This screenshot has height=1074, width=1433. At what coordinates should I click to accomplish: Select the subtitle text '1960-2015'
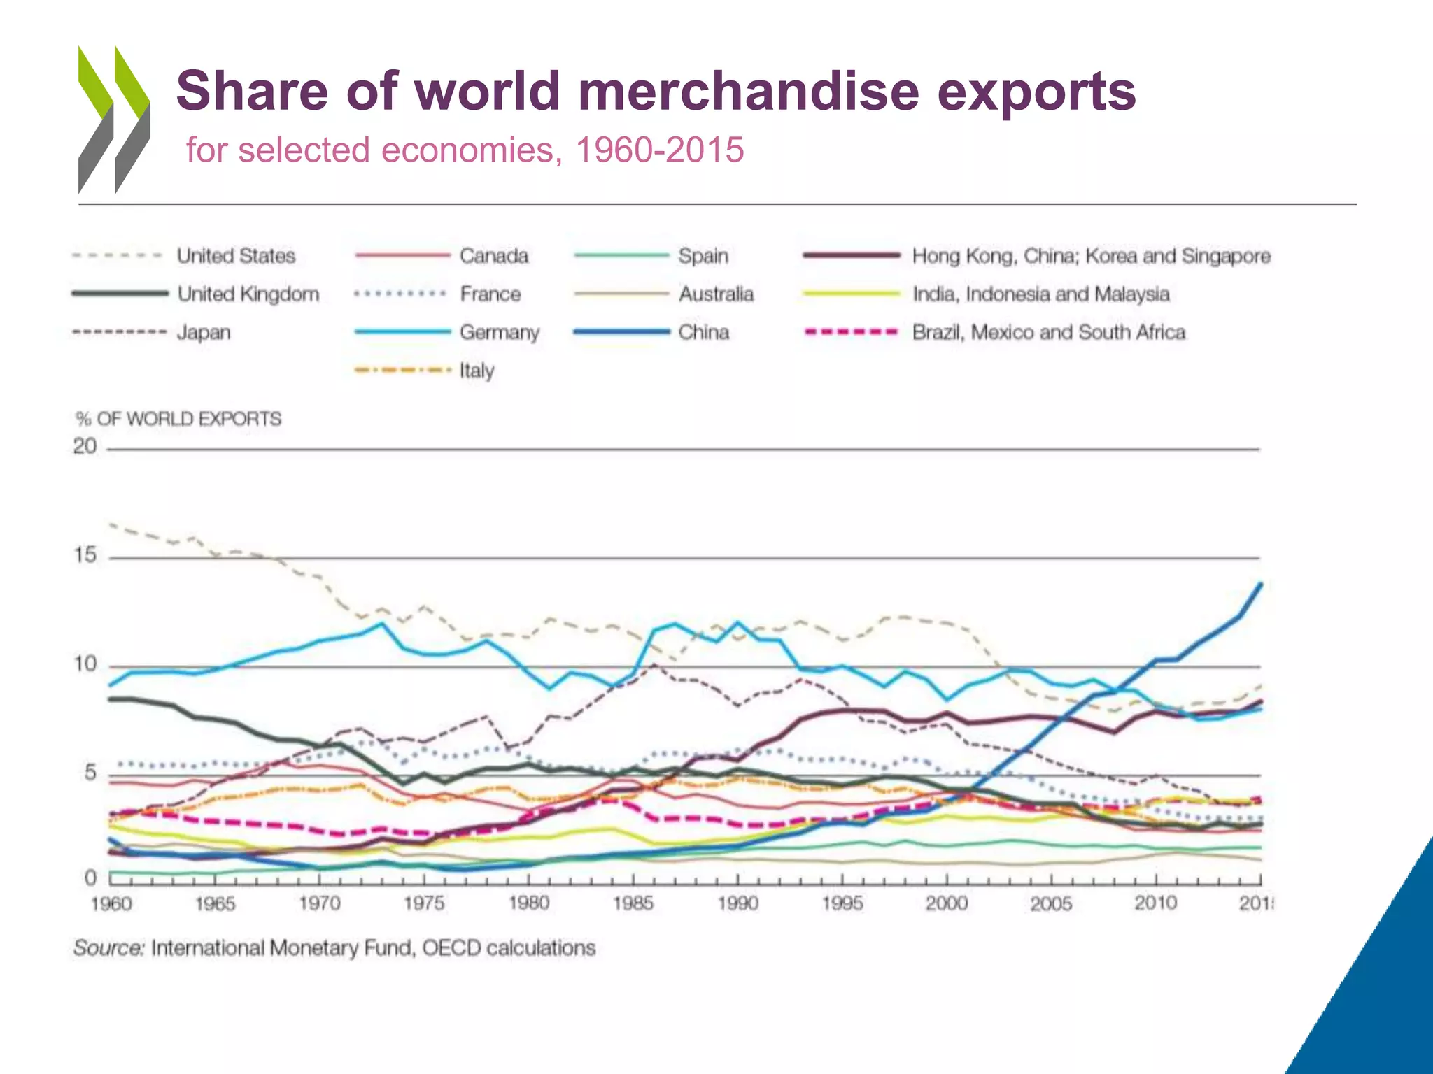[x=659, y=150]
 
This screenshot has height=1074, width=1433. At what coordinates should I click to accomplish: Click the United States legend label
[x=236, y=256]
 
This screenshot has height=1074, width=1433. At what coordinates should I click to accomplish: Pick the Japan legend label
[x=203, y=332]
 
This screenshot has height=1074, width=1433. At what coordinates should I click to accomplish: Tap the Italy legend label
[x=477, y=371]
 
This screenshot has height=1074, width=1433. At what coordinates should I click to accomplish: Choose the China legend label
[x=703, y=332]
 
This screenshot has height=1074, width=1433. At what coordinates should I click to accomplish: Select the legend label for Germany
[x=499, y=332]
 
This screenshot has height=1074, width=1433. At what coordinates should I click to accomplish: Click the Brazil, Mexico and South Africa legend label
[x=1048, y=332]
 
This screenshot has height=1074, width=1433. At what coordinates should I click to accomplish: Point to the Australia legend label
[x=716, y=294]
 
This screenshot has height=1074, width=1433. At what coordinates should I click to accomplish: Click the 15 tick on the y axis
[x=85, y=556]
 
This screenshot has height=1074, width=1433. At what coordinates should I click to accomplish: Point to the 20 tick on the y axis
[x=85, y=446]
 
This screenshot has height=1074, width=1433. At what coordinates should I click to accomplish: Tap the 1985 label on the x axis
[x=633, y=904]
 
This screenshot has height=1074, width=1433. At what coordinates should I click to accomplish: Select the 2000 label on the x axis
[x=946, y=904]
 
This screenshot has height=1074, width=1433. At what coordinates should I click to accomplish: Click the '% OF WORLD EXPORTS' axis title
[x=178, y=419]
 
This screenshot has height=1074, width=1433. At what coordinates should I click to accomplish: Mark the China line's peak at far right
[x=1260, y=584]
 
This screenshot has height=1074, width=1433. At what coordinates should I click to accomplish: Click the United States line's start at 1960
[x=111, y=524]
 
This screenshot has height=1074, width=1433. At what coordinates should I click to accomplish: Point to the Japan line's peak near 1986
[x=654, y=664]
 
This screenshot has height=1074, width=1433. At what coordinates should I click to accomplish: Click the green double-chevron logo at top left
[x=114, y=119]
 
